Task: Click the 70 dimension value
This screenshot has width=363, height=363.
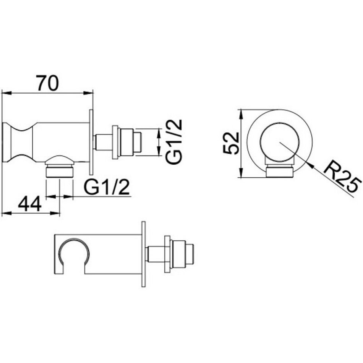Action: (48, 83)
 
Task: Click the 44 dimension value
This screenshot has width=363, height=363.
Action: (30, 204)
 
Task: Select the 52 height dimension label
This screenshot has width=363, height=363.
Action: (231, 143)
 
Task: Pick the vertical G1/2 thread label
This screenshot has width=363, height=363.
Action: (175, 142)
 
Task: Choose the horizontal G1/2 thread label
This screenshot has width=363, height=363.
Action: (106, 187)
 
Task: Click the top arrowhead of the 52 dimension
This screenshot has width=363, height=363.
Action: (241, 113)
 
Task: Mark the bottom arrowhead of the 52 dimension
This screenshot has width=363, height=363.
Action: (241, 173)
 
